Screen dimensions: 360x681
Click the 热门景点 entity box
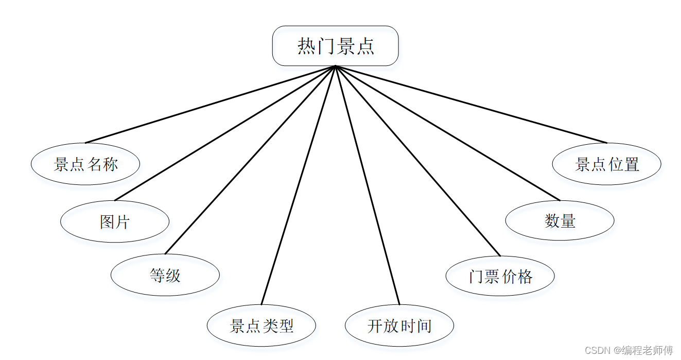click(335, 46)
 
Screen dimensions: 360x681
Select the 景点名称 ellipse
click(85, 164)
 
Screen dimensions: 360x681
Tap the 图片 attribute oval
click(115, 221)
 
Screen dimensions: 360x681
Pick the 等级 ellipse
click(165, 275)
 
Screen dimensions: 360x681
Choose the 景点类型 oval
click(261, 325)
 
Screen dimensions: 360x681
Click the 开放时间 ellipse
click(399, 325)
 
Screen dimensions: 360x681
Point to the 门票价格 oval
click(500, 276)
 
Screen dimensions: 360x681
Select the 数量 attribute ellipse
click(560, 220)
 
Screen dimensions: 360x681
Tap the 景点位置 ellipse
click(607, 164)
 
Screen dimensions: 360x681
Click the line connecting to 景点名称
click(210, 105)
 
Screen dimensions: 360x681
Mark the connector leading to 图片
click(225, 133)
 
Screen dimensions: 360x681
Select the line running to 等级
click(250, 160)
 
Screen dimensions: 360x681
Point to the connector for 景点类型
click(299, 185)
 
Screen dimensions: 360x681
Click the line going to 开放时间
click(368, 185)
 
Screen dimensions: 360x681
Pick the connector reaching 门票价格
click(417, 160)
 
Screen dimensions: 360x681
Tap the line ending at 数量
click(447, 133)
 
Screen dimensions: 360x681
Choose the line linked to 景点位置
click(471, 105)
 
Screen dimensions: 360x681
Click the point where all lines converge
click(336, 66)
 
